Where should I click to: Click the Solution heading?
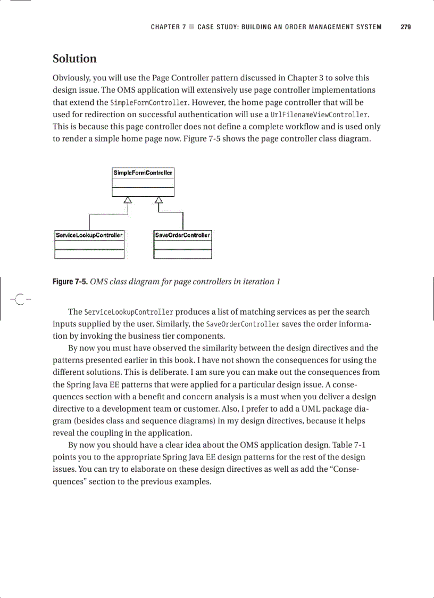click(74, 59)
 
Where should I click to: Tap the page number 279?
click(405, 27)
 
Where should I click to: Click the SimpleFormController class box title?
click(143, 173)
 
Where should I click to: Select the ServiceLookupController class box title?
click(89, 235)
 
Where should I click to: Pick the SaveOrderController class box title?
click(182, 235)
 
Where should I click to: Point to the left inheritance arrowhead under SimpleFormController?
click(127, 200)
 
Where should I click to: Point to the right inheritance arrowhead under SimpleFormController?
click(158, 200)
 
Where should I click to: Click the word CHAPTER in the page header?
click(165, 27)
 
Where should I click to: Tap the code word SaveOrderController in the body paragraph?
click(243, 324)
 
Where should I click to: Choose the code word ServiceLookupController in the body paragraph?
click(128, 312)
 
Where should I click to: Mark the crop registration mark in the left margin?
click(19, 300)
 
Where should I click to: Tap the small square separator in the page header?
click(191, 27)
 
